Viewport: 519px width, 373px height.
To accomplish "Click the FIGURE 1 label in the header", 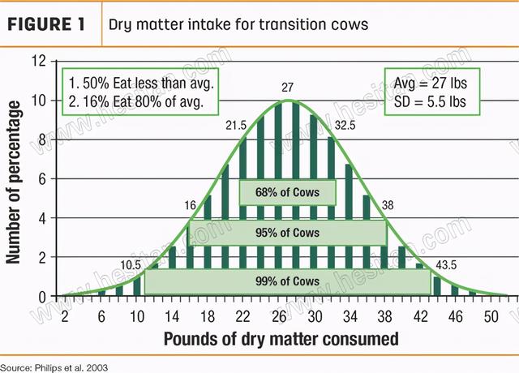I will (47, 24).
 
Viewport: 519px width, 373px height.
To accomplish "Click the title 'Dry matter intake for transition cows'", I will (238, 24).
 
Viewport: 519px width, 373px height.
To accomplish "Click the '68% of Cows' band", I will (287, 192).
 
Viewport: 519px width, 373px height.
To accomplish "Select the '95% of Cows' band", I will (287, 233).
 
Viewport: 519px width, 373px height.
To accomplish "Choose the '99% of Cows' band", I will (287, 281).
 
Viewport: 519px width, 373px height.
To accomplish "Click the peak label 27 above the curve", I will (288, 86).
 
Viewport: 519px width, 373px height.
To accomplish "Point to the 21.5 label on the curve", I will (235, 126).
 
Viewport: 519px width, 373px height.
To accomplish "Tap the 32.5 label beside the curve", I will (345, 126).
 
